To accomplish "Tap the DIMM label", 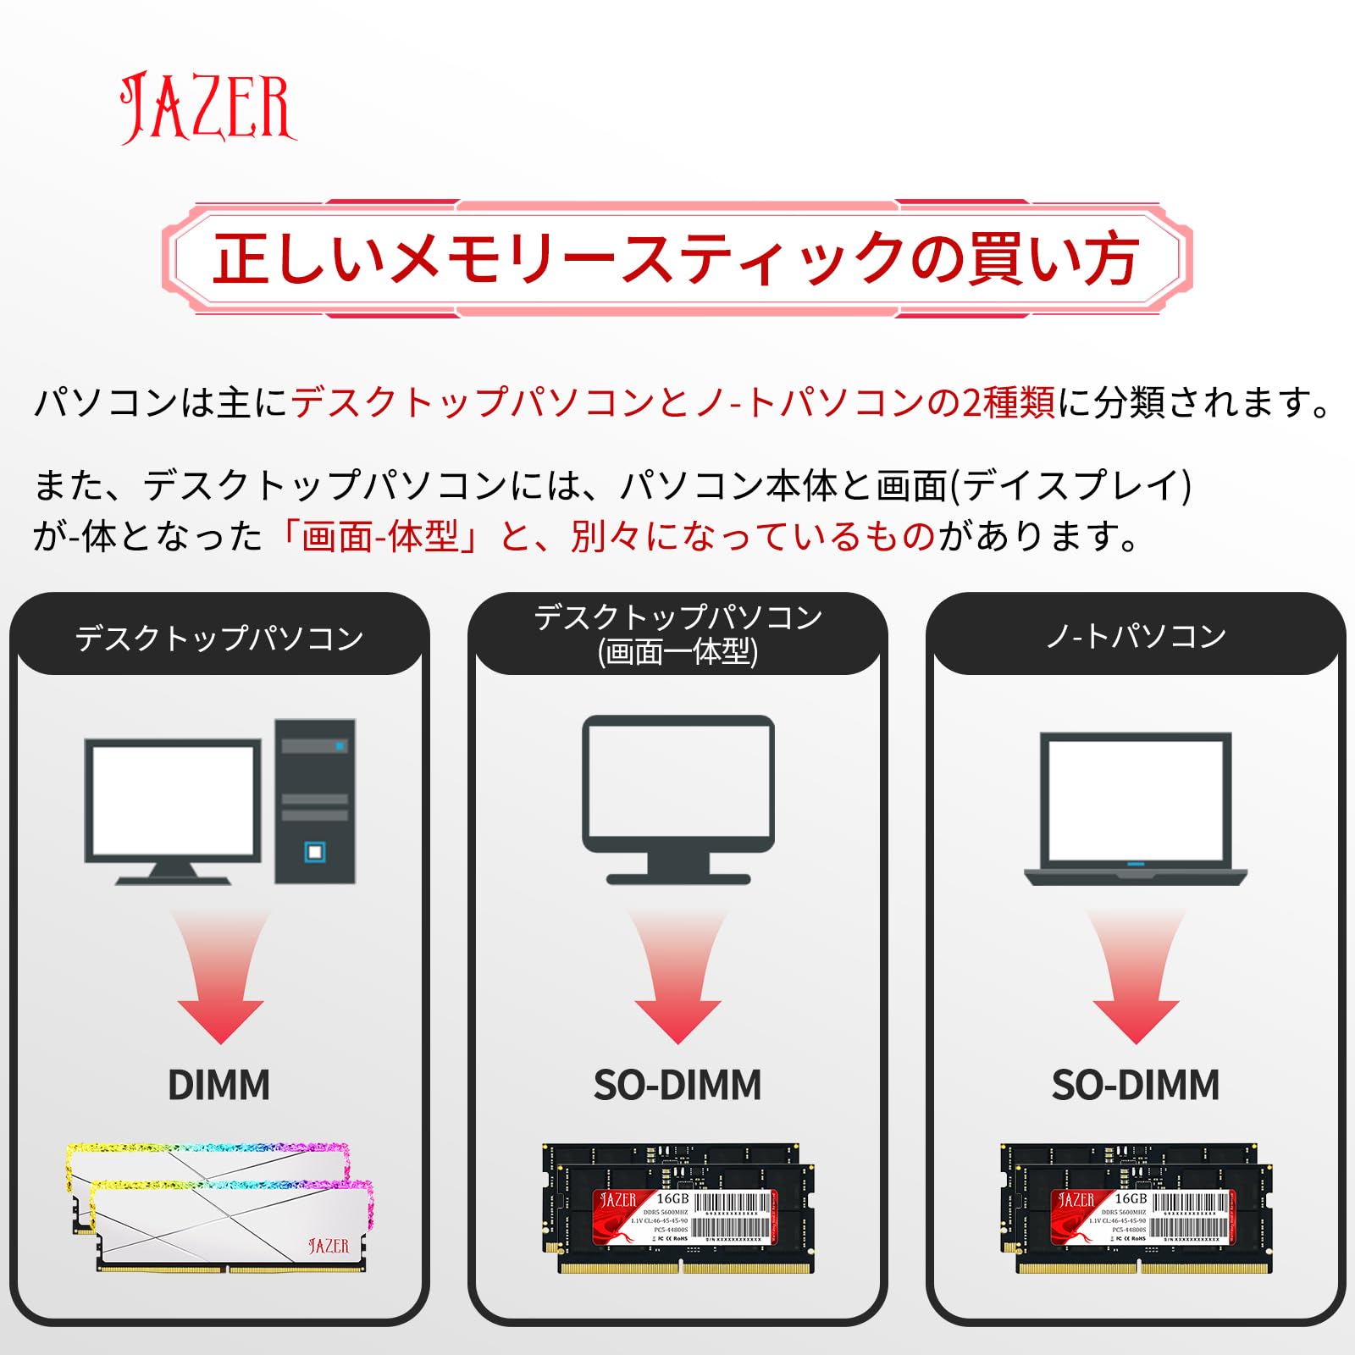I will [218, 1085].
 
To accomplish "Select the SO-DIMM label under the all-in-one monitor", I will [677, 1085].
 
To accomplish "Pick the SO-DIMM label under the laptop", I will [1136, 1085].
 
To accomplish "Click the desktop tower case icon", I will [315, 801].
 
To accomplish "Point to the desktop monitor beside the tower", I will [173, 810].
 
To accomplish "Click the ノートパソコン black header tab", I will [1136, 636].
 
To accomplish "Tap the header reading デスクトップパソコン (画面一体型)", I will [677, 634].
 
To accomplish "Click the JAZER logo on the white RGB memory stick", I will [329, 1246].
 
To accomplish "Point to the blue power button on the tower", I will [315, 851].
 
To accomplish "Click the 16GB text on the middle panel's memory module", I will [672, 1199].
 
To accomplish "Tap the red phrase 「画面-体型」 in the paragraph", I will [381, 536].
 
